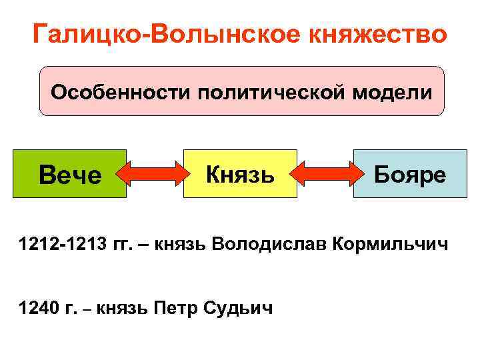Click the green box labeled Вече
pos(69,174)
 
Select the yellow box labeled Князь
pos(240,174)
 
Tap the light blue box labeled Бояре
pos(409,174)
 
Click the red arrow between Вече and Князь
pos(155,175)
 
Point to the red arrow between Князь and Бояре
pos(325,175)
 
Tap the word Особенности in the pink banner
pos(119,92)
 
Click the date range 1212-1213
pos(61,245)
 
